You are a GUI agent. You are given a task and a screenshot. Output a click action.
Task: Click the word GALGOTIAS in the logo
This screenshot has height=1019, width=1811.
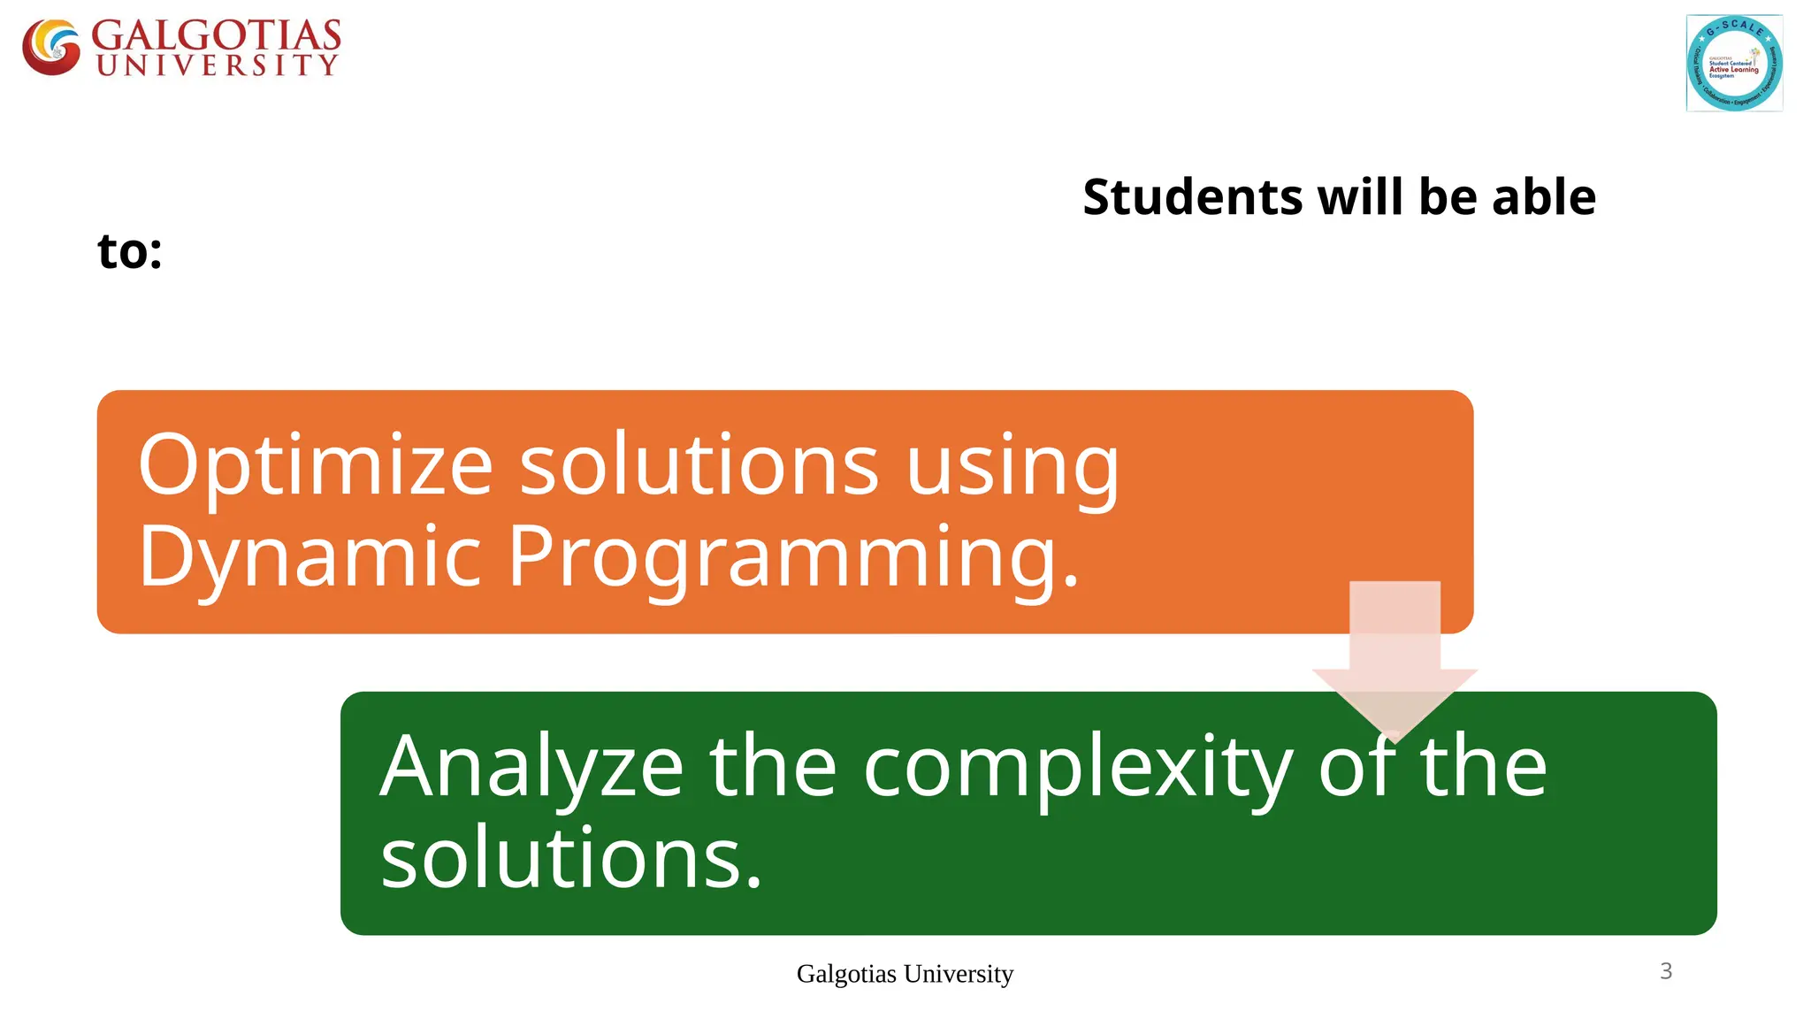[x=216, y=36]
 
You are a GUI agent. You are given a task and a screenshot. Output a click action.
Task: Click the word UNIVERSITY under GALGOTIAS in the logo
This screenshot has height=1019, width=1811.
[x=217, y=65]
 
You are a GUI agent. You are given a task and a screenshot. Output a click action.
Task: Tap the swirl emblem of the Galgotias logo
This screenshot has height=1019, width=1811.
[x=51, y=47]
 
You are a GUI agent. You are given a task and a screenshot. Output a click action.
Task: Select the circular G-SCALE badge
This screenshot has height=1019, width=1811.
[x=1734, y=64]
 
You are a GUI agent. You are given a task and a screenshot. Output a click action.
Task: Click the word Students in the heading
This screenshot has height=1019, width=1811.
[x=1192, y=196]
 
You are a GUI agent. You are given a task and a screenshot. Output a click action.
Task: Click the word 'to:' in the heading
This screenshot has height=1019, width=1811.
[x=130, y=251]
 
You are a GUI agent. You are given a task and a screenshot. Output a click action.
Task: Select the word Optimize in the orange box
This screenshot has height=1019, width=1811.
[x=315, y=465]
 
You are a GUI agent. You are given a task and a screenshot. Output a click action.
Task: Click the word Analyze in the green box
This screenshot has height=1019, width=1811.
[x=531, y=766]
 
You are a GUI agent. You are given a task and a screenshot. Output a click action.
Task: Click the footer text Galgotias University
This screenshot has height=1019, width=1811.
[x=905, y=974]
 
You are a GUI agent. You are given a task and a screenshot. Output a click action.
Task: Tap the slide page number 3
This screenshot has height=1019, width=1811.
[x=1666, y=971]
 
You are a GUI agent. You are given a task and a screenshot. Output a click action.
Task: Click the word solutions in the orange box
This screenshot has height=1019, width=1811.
[x=699, y=465]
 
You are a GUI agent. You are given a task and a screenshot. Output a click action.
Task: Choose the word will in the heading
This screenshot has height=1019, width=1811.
[x=1361, y=196]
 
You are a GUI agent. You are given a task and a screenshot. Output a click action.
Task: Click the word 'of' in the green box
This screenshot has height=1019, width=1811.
[x=1357, y=766]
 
